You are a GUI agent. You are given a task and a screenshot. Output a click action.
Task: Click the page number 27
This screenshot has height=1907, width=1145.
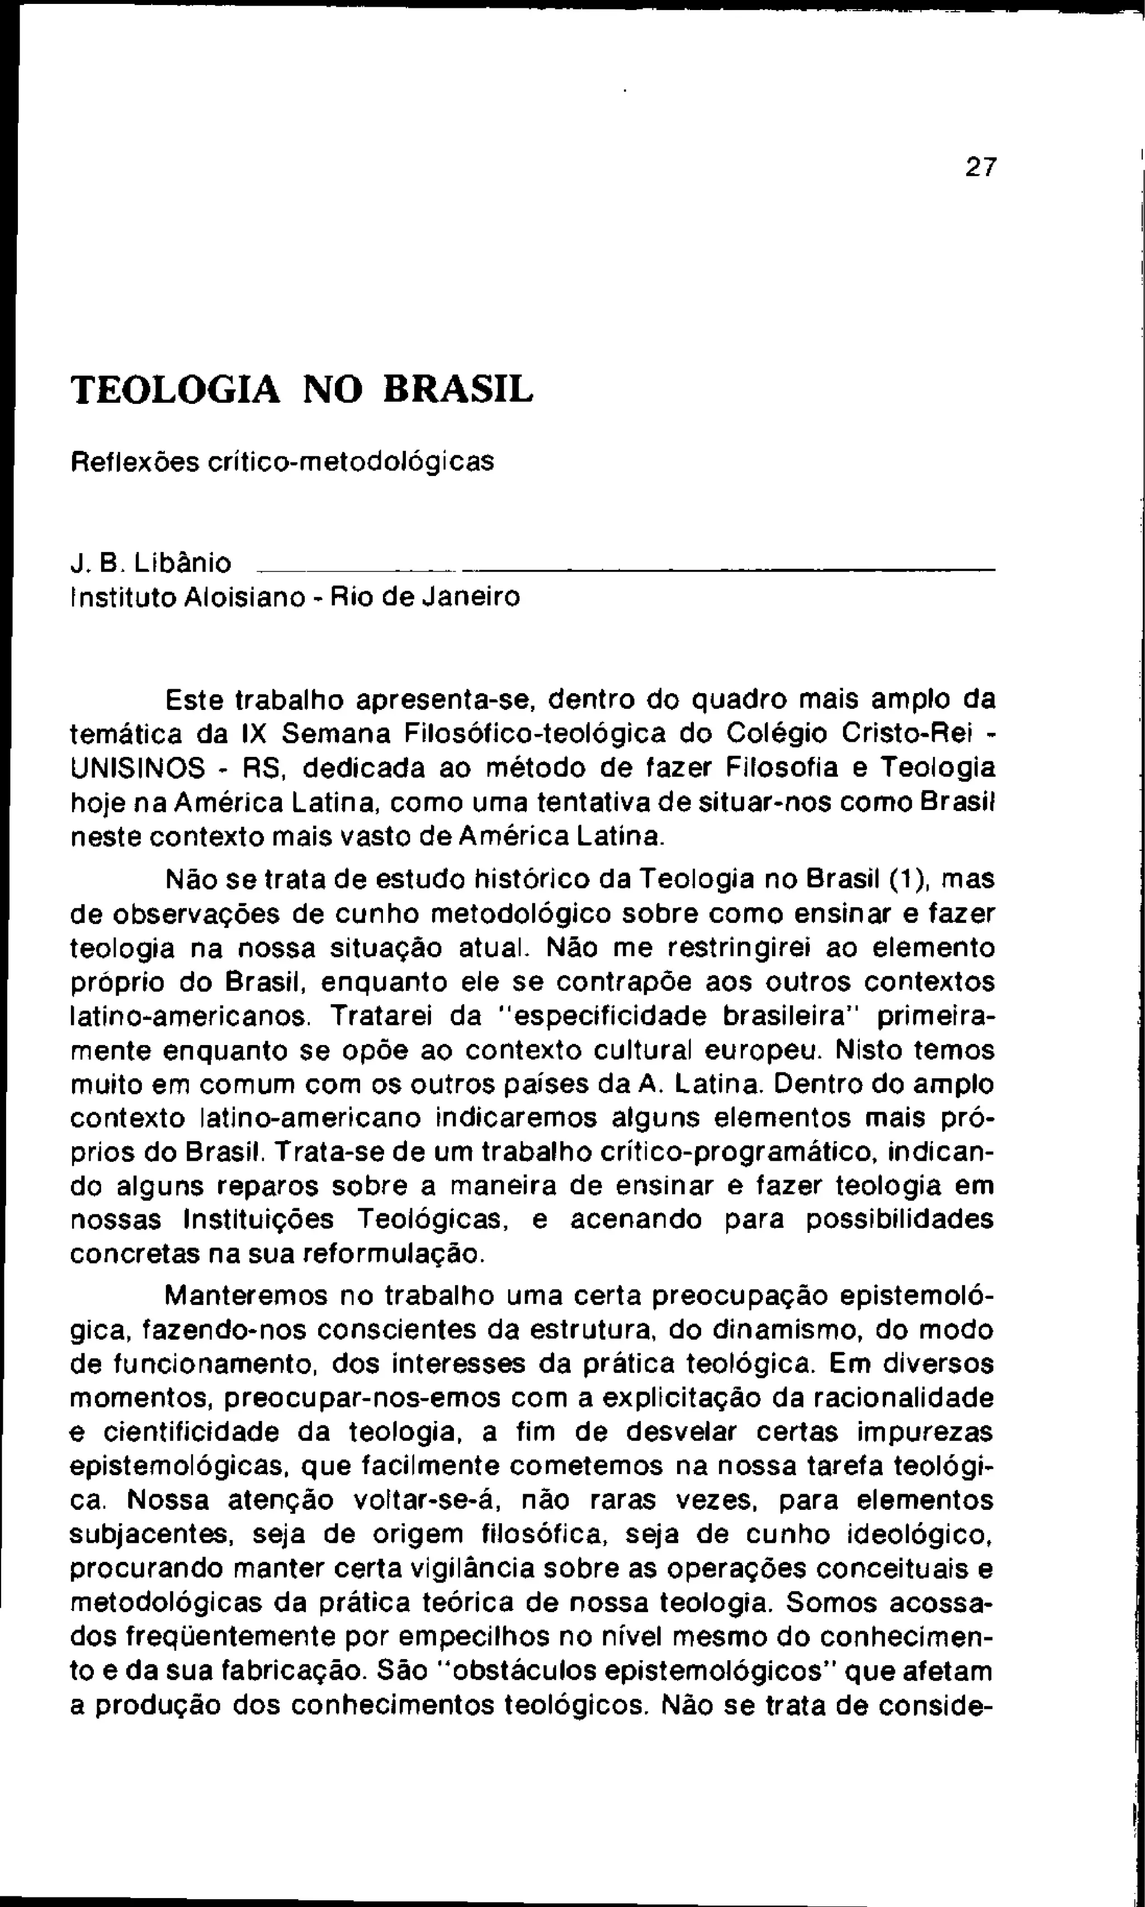[981, 167]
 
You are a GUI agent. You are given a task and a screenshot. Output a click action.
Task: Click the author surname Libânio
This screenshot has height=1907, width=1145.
[182, 563]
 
